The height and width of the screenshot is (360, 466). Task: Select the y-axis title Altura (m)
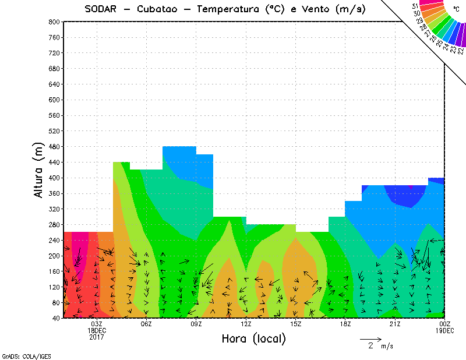(x=38, y=170)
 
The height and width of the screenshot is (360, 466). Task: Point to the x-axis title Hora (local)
(x=253, y=338)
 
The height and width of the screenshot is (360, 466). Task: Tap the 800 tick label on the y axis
(x=53, y=22)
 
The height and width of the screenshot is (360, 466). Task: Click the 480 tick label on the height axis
(x=53, y=147)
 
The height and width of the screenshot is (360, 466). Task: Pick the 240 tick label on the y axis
(x=53, y=241)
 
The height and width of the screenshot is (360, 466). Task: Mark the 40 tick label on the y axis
(x=55, y=319)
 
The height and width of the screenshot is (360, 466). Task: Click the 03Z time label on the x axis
(x=97, y=324)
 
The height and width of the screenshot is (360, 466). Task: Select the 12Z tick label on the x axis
(x=246, y=324)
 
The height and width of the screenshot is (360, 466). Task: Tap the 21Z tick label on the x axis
(x=395, y=324)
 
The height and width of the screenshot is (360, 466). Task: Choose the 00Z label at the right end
(x=445, y=324)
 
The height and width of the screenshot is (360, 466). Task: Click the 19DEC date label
(x=445, y=330)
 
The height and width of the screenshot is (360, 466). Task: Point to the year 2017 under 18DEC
(x=97, y=337)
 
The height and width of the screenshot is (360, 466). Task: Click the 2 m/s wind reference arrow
(x=370, y=338)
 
